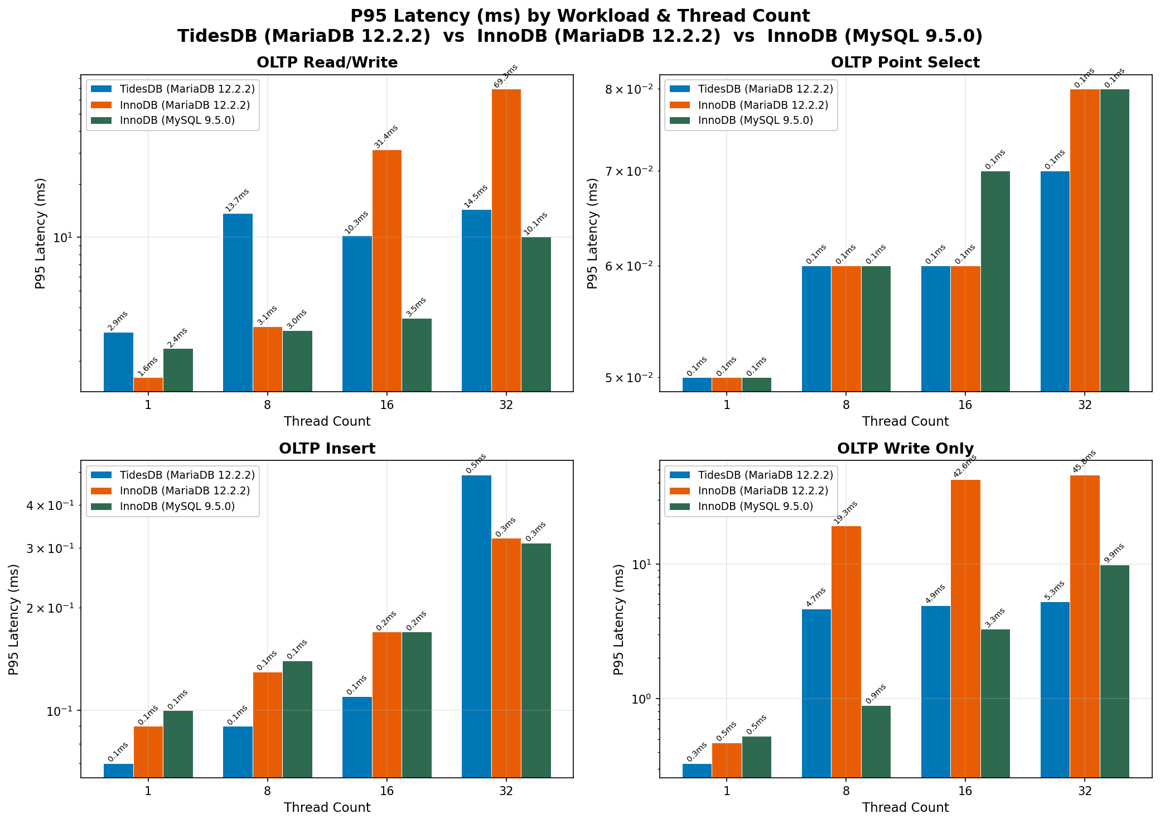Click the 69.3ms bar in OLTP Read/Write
[506, 240]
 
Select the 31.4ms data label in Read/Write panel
[386, 137]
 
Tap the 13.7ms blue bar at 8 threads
[238, 302]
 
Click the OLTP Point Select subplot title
[905, 62]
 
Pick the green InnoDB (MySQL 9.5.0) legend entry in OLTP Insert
[177, 507]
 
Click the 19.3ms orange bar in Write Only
[845, 651]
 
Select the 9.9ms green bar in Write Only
[1114, 671]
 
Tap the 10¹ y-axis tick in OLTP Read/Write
[64, 238]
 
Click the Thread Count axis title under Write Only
[905, 807]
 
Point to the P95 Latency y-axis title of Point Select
[592, 233]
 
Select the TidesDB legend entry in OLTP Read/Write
[187, 89]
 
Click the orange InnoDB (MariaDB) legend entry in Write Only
[763, 491]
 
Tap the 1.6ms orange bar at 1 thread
[148, 384]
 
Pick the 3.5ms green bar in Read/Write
[416, 355]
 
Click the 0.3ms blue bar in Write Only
[697, 770]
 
